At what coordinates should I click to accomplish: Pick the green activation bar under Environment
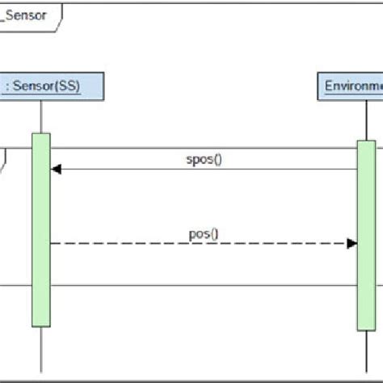click(x=366, y=234)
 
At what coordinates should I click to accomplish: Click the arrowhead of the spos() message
click(x=55, y=169)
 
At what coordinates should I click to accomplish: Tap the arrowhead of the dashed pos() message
click(x=352, y=243)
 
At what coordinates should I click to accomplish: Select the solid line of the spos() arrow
click(x=202, y=169)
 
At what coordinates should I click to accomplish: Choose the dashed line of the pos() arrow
click(x=202, y=243)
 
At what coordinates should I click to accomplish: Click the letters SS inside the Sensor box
click(x=68, y=86)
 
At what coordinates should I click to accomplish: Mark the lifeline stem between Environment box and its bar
click(x=366, y=120)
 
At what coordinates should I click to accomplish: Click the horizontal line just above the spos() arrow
click(x=202, y=148)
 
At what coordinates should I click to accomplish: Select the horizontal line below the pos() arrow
click(x=202, y=284)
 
